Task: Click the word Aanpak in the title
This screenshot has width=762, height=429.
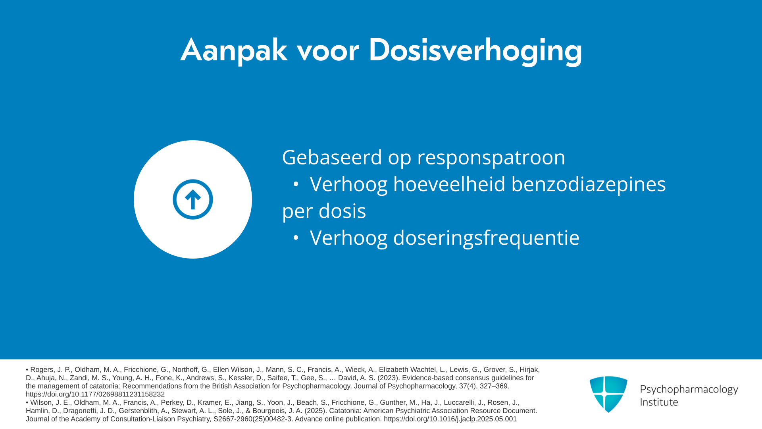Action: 234,50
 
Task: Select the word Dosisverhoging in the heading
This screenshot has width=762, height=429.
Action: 475,50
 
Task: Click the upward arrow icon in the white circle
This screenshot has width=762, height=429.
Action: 193,199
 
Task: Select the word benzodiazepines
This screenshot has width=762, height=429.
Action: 589,185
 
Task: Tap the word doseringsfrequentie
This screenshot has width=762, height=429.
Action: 486,238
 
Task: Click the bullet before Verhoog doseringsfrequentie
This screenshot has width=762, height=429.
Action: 296,238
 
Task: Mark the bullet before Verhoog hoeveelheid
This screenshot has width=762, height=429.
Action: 296,184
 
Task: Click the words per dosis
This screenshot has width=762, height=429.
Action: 324,211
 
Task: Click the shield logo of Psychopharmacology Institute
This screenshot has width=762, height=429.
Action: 608,394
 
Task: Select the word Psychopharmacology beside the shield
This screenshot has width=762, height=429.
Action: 689,390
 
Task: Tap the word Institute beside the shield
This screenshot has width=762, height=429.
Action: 659,402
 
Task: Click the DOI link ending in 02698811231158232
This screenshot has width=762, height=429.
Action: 95,394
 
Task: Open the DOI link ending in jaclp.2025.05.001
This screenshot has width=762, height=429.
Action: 450,419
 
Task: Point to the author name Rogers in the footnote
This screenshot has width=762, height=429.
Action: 41,370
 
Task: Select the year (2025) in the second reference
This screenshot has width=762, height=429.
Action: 316,411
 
